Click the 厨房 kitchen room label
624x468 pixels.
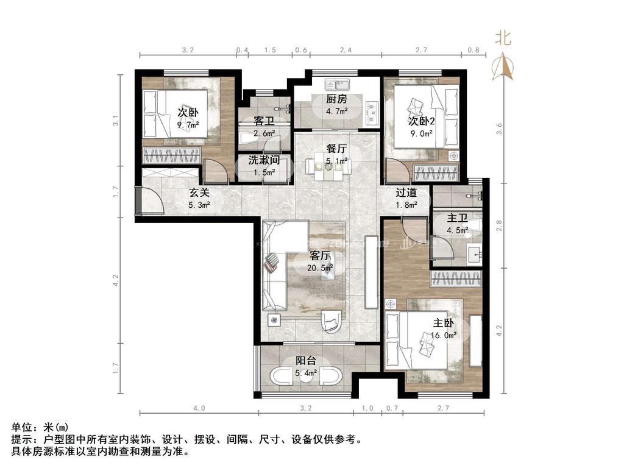pos(336,99)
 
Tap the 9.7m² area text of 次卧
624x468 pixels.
pos(188,125)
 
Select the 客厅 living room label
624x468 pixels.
pos(320,255)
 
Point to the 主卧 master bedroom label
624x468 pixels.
pos(444,323)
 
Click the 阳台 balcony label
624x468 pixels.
pos(306,361)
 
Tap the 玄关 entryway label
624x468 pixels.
pos(199,193)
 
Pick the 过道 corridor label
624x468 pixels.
pos(406,193)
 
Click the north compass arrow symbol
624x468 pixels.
pos(503,66)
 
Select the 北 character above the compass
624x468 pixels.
pos(503,38)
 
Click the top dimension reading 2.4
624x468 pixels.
pos(346,50)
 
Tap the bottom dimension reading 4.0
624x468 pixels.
pos(199,408)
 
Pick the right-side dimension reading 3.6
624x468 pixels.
pos(500,129)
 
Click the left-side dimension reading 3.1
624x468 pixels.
pos(115,121)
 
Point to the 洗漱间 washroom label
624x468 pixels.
pos(264,160)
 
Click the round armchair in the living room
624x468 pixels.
pos(331,321)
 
